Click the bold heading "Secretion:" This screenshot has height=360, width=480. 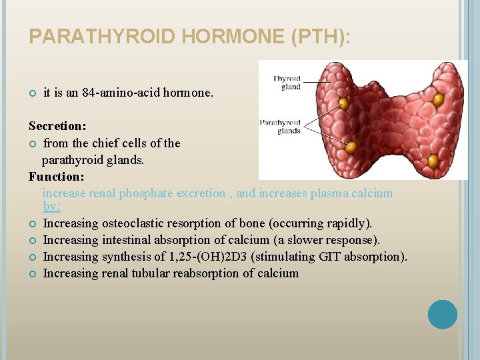(57, 125)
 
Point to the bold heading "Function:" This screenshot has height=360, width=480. (56, 177)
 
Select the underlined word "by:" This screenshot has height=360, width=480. (51, 207)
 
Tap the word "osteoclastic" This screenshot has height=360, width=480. (133, 223)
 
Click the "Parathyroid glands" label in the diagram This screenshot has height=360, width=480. (280, 127)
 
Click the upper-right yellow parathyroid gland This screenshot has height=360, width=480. (438, 100)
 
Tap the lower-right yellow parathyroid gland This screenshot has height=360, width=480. (433, 160)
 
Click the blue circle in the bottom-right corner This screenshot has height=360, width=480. (442, 315)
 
